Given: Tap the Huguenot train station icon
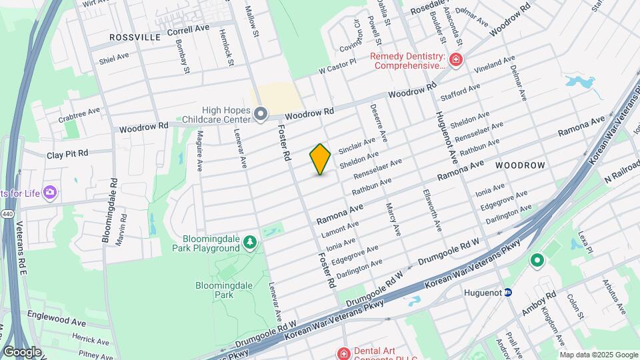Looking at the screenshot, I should [x=507, y=291].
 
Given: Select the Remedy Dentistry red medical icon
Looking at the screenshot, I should [x=456, y=61].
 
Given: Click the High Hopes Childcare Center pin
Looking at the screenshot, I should [x=261, y=115].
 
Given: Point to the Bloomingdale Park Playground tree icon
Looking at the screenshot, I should [x=250, y=242].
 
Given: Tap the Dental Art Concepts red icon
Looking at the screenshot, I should [x=343, y=353].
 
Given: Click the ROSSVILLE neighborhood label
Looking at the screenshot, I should [x=135, y=37].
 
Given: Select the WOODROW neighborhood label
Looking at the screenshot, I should [x=521, y=165].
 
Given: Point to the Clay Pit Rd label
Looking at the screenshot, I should [x=67, y=154].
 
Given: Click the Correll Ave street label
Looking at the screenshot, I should [x=189, y=31].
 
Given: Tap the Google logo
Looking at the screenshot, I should [x=22, y=351].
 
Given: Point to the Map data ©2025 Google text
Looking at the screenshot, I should [x=598, y=355].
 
